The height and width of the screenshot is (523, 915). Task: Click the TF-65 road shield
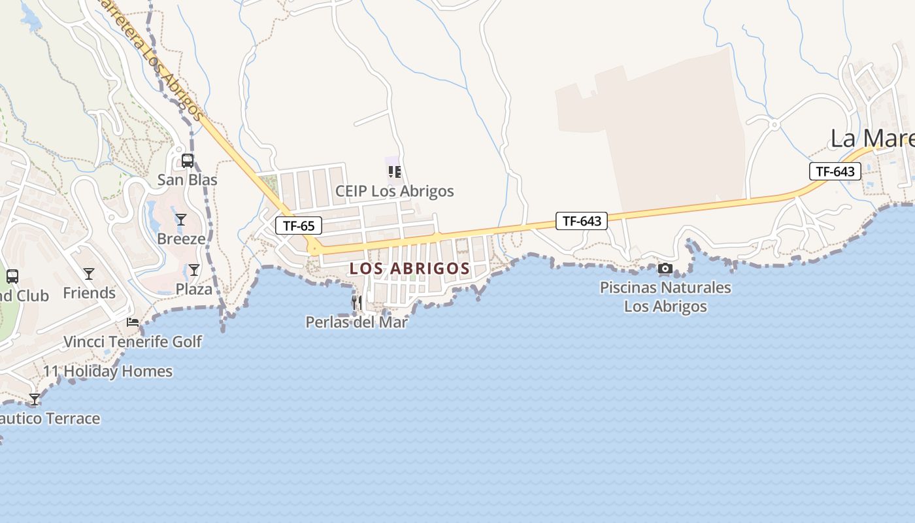299,226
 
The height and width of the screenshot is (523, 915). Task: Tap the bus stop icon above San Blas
188,160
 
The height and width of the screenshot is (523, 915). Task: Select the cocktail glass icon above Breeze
181,219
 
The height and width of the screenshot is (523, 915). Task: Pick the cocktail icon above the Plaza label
194,269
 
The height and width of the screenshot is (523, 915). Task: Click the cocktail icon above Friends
89,273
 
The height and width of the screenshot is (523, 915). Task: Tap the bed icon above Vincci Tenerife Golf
133,322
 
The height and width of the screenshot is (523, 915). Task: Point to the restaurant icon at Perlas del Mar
357,302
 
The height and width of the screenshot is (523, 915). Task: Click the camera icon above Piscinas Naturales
665,268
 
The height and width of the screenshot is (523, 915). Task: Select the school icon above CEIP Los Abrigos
394,172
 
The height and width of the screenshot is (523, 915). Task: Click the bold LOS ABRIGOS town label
410,269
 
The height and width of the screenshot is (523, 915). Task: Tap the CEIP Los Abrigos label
394,191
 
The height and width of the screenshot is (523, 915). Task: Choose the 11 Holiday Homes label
108,371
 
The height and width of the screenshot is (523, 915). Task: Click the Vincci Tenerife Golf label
133,341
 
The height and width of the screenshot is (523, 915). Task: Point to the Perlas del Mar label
357,322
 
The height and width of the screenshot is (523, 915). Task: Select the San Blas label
188,179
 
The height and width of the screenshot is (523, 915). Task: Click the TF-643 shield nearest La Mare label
835,171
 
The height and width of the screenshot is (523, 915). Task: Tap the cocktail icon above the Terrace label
34,399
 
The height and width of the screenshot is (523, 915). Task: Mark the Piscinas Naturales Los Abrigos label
665,296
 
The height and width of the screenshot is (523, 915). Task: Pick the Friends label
89,293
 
